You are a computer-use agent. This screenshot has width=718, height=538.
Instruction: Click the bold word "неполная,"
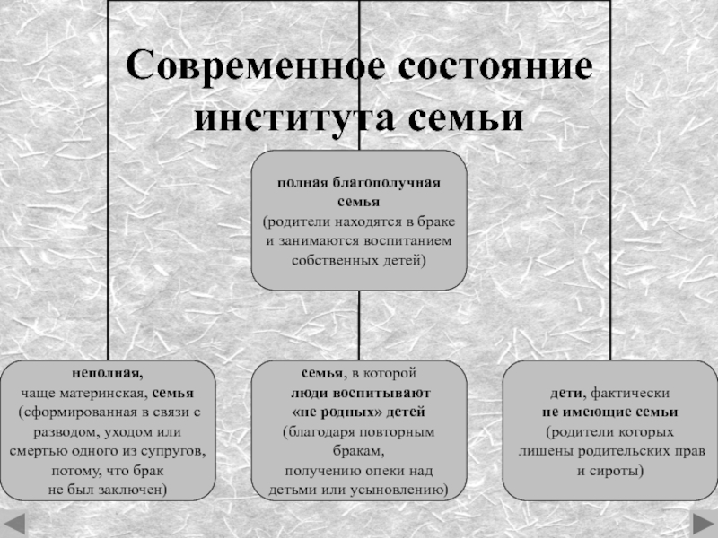(x=107, y=373)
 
